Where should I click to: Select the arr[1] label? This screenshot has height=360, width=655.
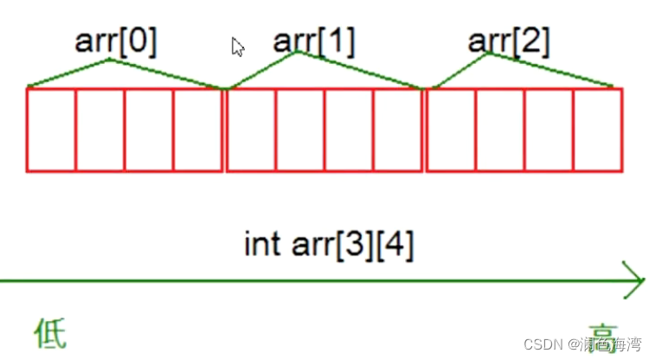click(314, 41)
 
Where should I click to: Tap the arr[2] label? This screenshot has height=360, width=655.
click(509, 41)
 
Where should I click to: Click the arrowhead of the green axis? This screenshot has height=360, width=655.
click(635, 280)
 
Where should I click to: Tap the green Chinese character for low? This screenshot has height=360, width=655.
click(49, 333)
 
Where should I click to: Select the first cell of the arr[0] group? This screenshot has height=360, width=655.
click(51, 130)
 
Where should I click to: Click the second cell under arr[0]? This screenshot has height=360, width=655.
click(100, 130)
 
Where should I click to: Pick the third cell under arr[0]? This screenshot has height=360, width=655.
click(149, 130)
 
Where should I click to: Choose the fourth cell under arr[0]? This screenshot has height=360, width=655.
click(198, 130)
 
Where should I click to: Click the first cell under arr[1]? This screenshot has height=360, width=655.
click(251, 130)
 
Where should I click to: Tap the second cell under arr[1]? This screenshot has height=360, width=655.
click(300, 130)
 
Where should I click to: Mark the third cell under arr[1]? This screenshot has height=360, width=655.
click(349, 130)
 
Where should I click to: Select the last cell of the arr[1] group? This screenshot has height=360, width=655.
click(398, 130)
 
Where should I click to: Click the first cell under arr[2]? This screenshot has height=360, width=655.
click(451, 130)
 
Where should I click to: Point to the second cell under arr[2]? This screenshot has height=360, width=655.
click(500, 130)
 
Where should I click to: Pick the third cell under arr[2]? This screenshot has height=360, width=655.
click(549, 130)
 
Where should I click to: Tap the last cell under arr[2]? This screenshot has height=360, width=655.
click(598, 130)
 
